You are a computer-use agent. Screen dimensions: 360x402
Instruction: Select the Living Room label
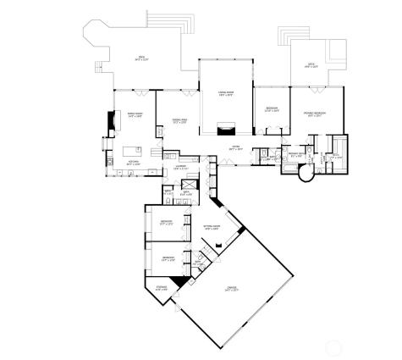pyautogui.click(x=226, y=93)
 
